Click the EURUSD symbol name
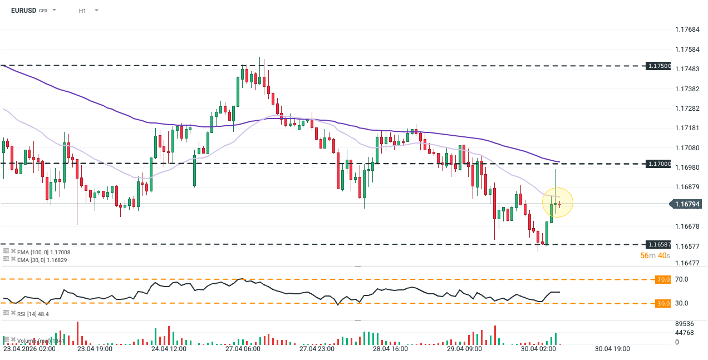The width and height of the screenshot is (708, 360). click(x=23, y=11)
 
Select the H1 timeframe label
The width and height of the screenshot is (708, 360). click(x=82, y=11)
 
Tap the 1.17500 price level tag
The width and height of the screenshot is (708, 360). click(x=659, y=66)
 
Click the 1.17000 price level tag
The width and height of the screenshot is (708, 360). click(x=659, y=164)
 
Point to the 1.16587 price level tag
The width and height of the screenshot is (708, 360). click(x=659, y=244)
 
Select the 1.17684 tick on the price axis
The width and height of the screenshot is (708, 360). click(x=687, y=29)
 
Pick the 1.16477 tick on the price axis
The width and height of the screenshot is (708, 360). click(x=687, y=262)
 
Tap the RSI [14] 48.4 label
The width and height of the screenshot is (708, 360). click(x=33, y=314)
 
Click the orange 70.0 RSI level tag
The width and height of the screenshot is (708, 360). click(x=663, y=279)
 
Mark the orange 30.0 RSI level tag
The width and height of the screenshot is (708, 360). click(x=663, y=303)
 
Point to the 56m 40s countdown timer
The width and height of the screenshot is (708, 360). click(x=655, y=255)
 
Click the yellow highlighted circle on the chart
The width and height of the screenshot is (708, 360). click(x=558, y=203)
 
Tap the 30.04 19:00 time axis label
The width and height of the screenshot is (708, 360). click(x=612, y=349)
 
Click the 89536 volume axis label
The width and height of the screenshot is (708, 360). click(x=684, y=324)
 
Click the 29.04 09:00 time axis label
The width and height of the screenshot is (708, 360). click(x=464, y=349)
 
